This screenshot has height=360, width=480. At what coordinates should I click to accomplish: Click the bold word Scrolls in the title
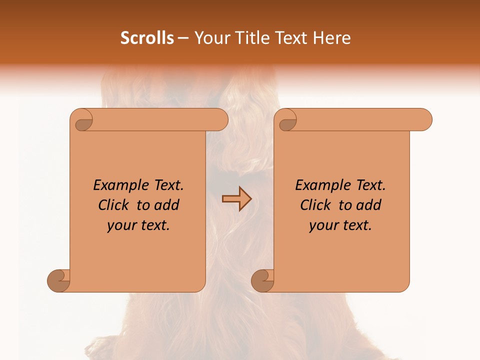(x=147, y=38)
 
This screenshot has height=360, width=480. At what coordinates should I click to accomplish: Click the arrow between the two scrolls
(x=236, y=198)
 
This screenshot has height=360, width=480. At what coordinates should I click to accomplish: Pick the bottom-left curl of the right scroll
(x=262, y=280)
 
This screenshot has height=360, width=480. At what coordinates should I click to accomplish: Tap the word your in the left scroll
(x=119, y=225)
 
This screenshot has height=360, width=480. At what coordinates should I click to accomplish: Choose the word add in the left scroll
(x=166, y=205)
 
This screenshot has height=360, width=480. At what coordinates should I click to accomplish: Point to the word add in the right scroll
(x=368, y=205)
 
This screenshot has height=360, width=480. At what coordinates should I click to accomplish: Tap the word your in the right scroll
(x=321, y=225)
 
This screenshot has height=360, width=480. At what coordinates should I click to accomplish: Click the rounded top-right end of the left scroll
(x=220, y=120)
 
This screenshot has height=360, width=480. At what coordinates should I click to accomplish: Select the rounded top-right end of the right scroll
(x=424, y=120)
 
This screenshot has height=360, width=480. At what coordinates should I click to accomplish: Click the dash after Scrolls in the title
(x=183, y=38)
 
